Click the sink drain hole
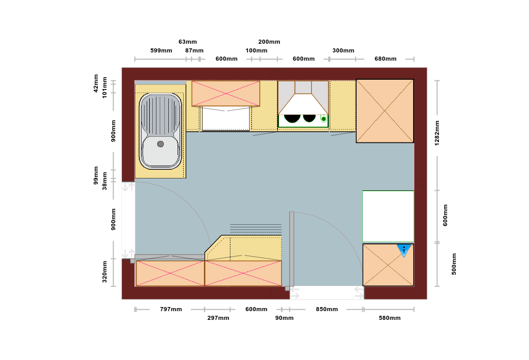pyautogui.click(x=161, y=144)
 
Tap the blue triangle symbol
pyautogui.click(x=404, y=250)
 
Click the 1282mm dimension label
pyautogui.click(x=437, y=133)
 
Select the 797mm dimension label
pyautogui.click(x=171, y=309)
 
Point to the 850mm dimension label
pyautogui.click(x=327, y=309)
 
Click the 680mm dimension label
pyautogui.click(x=385, y=59)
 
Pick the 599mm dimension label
pyautogui.click(x=161, y=50)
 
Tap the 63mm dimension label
pyautogui.click(x=188, y=42)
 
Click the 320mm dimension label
pyautogui.click(x=104, y=272)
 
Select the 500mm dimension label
pyautogui.click(x=454, y=264)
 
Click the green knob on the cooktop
pyautogui.click(x=324, y=119)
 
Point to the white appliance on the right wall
pyautogui.click(x=388, y=216)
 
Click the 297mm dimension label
pyautogui.click(x=218, y=318)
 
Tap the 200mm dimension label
pyautogui.click(x=269, y=42)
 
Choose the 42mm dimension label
pyautogui.click(x=96, y=83)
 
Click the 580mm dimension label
pyautogui.click(x=390, y=318)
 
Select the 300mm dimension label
pyautogui.click(x=343, y=50)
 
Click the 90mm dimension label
pyautogui.click(x=284, y=318)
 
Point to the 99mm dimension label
pyautogui.click(x=96, y=175)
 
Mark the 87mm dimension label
pyautogui.click(x=195, y=50)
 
